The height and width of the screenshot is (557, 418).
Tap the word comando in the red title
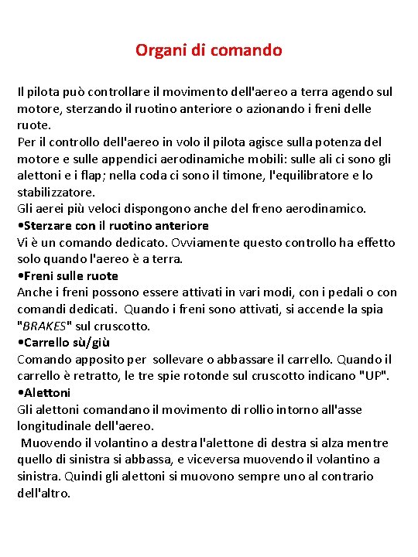(246, 51)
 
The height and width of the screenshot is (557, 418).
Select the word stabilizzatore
(57, 193)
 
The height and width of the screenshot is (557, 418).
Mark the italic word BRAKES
(47, 326)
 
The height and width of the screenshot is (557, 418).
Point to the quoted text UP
(376, 376)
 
